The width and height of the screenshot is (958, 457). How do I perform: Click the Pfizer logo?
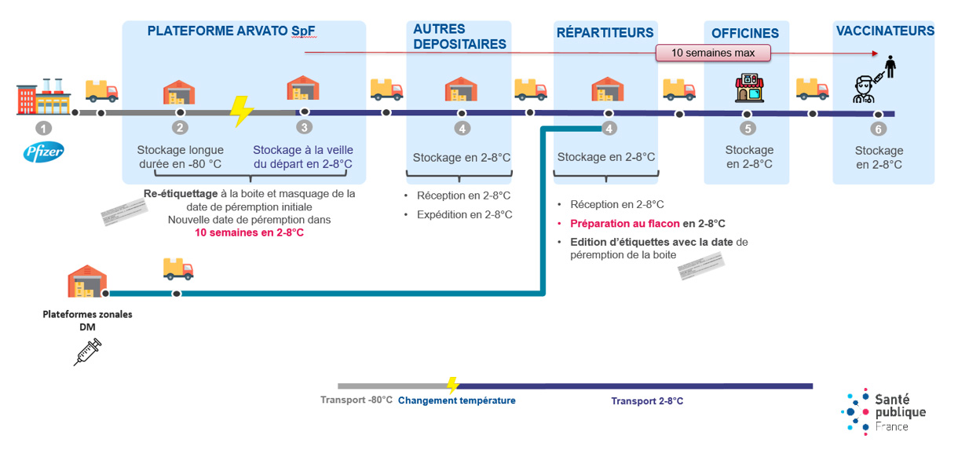point(44,152)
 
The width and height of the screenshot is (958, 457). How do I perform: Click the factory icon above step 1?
point(44,96)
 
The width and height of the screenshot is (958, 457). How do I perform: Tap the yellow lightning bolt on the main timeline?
point(241,112)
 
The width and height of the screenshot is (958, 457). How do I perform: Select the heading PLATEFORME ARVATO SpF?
point(231,31)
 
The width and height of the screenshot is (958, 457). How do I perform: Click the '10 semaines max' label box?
point(713,53)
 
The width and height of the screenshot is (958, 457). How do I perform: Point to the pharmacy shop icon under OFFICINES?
point(748,89)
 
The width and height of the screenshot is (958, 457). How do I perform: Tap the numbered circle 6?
point(879,130)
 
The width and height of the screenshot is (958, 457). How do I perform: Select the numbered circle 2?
point(180,127)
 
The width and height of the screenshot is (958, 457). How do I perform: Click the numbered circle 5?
point(748,128)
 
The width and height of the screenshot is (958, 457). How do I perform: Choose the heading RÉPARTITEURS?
point(605,33)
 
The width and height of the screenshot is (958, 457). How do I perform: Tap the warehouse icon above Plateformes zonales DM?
point(87,280)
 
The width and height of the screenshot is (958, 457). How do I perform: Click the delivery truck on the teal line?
point(178,269)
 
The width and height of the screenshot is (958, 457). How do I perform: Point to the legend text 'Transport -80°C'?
point(356,400)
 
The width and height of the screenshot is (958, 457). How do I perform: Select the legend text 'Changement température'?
point(456,400)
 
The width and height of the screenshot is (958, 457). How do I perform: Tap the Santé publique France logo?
point(883,411)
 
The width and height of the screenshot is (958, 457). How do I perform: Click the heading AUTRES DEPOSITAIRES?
point(459,37)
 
